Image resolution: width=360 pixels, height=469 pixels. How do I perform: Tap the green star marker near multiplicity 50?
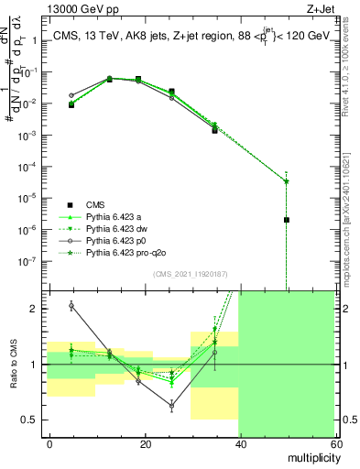pos(287,180)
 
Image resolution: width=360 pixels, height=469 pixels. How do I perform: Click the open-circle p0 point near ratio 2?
pos(71,305)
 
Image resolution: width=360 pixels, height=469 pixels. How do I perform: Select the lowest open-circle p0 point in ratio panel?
pos(172,404)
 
